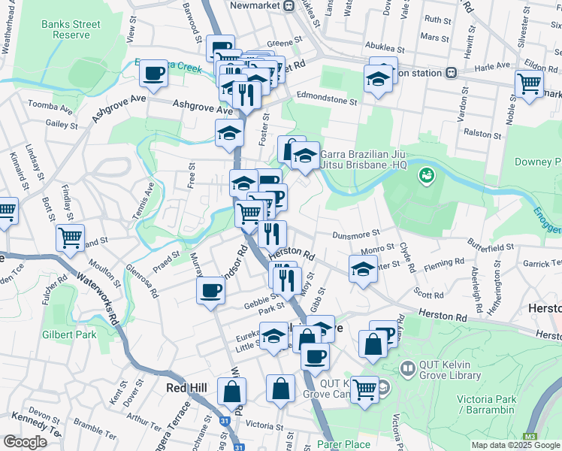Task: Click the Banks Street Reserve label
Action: click(x=71, y=29)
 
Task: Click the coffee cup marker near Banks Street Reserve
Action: click(x=154, y=74)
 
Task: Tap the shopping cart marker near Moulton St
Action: click(x=70, y=238)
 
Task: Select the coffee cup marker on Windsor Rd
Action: click(x=210, y=290)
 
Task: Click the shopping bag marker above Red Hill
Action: click(x=232, y=391)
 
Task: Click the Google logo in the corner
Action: click(x=25, y=442)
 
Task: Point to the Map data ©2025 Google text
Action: click(x=515, y=445)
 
